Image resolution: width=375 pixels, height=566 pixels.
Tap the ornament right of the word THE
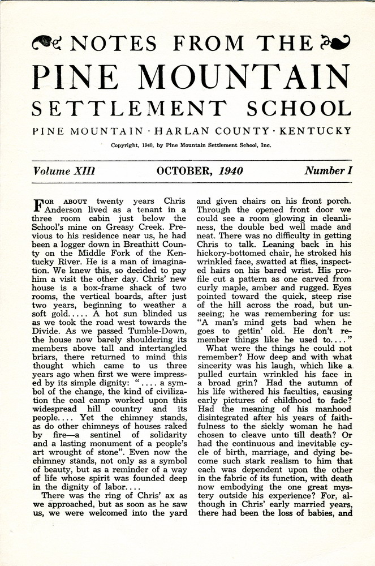tap(335, 41)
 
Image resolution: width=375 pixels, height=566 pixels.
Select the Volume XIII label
tap(63, 171)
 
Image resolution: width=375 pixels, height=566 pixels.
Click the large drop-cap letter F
tap(40, 204)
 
